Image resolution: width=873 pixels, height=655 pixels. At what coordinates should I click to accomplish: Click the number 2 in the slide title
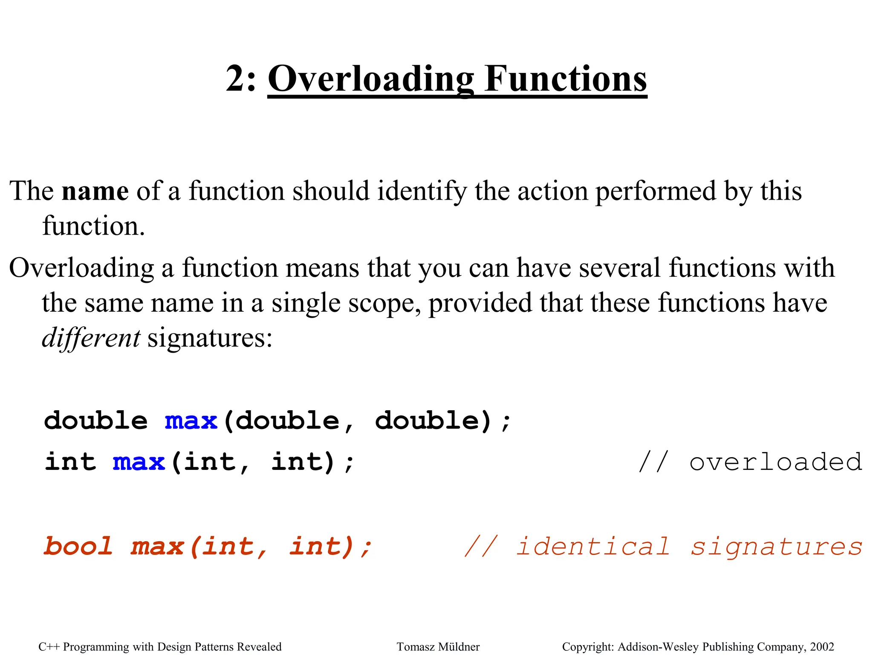tap(235, 79)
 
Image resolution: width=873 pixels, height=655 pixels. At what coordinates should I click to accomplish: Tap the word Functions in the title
tap(566, 79)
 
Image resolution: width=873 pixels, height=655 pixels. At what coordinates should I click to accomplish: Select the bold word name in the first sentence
tap(95, 191)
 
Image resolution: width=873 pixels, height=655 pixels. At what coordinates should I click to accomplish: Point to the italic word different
tap(91, 338)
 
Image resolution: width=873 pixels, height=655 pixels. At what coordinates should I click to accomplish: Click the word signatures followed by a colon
tap(210, 338)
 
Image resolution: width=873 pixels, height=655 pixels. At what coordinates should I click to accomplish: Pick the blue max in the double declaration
tap(191, 421)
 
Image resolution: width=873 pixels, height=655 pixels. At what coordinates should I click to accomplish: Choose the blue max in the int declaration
tap(139, 462)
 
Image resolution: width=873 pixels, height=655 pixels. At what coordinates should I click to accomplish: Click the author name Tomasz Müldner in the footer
tap(438, 647)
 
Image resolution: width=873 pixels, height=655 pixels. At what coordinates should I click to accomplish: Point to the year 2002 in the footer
tap(822, 647)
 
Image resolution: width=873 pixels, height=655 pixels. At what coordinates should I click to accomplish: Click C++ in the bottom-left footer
tap(49, 647)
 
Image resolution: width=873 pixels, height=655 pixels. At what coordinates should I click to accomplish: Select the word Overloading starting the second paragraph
tap(81, 268)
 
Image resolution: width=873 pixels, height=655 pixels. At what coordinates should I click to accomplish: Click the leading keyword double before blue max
tap(96, 421)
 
